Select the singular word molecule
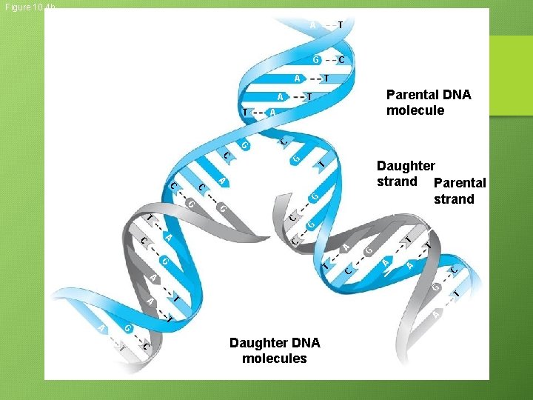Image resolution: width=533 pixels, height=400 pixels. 415,110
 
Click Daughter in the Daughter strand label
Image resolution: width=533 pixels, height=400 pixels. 406,166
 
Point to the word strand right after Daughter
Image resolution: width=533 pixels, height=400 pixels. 397,181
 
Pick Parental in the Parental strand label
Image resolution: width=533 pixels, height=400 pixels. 460,183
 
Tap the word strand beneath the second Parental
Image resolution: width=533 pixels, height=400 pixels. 454,199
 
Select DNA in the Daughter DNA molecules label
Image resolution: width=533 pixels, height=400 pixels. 305,343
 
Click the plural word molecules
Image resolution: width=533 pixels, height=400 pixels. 274,359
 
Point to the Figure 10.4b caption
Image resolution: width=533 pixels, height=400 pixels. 28,7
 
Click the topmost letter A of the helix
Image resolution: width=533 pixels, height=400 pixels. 313,24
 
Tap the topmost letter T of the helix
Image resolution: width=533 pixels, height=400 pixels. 340,24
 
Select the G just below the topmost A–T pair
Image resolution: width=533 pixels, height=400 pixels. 316,59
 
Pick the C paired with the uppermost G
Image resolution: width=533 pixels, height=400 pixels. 341,59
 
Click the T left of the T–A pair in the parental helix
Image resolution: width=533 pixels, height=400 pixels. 245,112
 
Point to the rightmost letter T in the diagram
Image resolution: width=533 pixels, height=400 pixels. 457,295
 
